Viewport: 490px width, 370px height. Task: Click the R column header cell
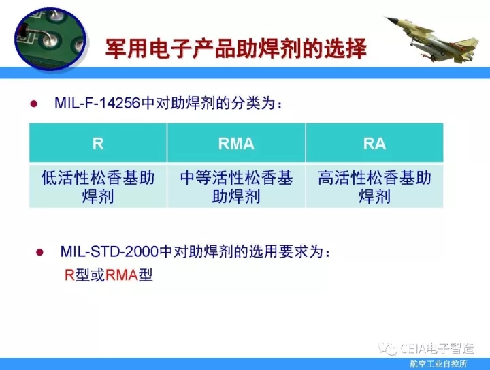tap(98, 143)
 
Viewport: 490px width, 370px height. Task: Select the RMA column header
tap(236, 143)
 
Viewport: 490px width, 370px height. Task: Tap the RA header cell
tap(374, 143)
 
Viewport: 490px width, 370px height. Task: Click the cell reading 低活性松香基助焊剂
tap(98, 187)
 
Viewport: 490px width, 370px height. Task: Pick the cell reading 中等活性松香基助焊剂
tap(236, 187)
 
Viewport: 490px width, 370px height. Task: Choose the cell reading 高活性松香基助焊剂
tap(374, 187)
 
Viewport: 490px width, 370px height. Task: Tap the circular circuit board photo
tap(50, 39)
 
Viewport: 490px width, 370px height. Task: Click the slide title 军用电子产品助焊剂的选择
tap(236, 48)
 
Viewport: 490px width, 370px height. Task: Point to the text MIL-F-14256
tap(97, 103)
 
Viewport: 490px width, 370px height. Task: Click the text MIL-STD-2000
tap(109, 251)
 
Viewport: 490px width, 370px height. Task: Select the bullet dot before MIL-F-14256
tap(34, 104)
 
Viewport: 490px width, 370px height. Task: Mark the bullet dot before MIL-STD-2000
tap(39, 252)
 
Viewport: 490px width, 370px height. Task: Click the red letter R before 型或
tap(69, 275)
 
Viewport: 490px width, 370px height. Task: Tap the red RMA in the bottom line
tap(122, 275)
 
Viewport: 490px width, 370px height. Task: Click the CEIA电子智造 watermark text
tap(437, 348)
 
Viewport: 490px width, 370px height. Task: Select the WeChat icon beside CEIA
tap(388, 348)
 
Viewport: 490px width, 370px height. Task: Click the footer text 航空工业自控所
tap(438, 364)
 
